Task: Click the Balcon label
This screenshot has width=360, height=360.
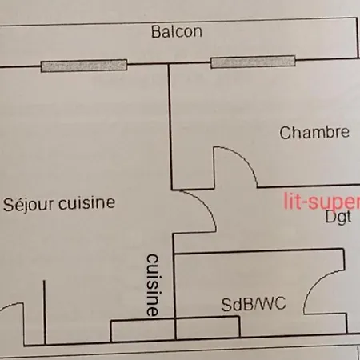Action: point(177,32)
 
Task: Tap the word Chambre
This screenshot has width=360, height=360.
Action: point(314,133)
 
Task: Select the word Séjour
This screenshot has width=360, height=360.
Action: point(29,204)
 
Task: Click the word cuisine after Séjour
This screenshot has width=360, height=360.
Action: point(87,203)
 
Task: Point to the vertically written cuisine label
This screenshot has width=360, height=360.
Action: point(153,285)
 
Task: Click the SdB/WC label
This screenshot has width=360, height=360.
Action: point(254,304)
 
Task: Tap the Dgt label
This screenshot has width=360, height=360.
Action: point(338,218)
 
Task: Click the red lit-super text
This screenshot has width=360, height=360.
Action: point(322,202)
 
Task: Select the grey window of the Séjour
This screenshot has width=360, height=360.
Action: point(84,66)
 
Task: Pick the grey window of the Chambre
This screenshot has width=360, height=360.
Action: point(253,62)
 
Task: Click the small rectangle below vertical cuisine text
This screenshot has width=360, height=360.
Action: point(142,330)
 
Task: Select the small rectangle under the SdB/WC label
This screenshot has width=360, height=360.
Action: point(208,328)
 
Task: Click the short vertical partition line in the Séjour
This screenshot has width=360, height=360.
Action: point(45,312)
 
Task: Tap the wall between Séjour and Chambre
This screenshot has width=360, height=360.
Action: point(170,126)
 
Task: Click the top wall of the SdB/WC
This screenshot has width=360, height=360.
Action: point(258,251)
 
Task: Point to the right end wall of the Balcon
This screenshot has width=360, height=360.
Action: point(357,38)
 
